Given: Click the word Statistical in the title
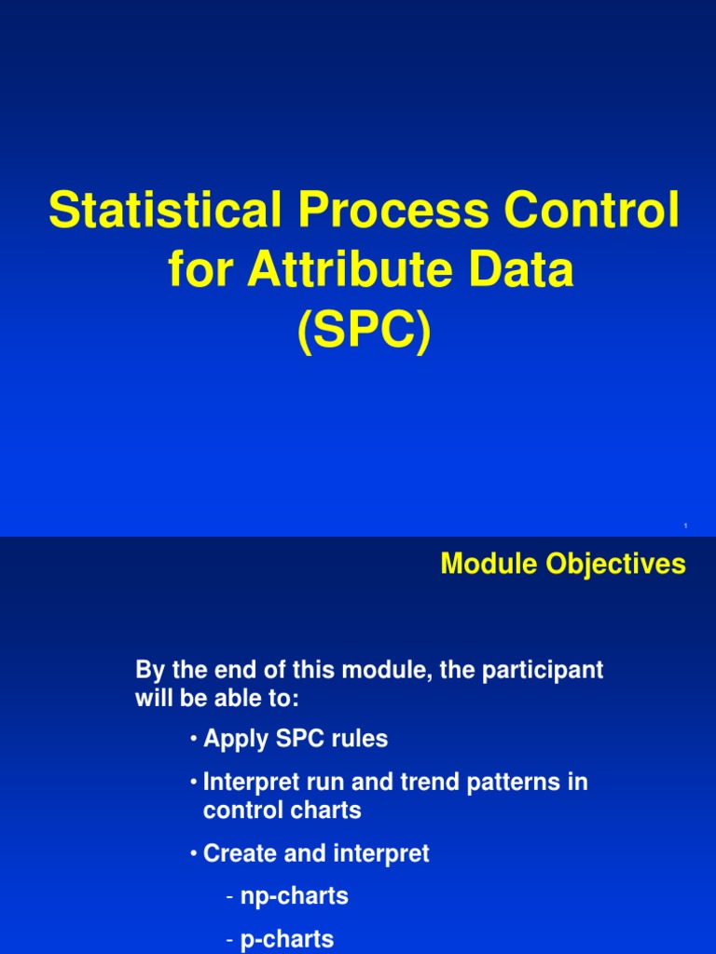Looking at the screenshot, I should (164, 211).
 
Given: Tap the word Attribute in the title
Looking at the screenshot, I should (355, 270).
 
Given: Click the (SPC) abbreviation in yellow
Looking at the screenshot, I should (365, 332).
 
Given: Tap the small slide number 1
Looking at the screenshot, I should (685, 527).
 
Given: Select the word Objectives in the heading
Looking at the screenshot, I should (621, 564).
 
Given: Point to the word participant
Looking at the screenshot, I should (544, 670).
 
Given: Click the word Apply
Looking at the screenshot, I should (236, 740).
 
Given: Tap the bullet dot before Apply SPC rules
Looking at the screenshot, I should (193, 740).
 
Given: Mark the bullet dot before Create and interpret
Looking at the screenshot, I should (193, 853).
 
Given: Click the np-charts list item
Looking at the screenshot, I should (294, 897).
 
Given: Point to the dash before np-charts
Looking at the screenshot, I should (229, 897).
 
